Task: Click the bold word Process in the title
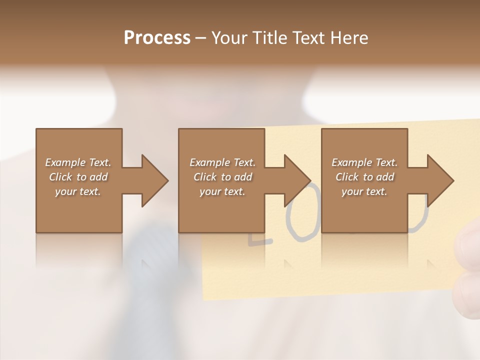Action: tap(157, 38)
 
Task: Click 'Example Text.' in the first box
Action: tap(78, 162)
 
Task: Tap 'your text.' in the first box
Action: tap(78, 191)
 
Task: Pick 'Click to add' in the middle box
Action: tap(222, 177)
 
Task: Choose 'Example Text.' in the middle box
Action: tap(222, 162)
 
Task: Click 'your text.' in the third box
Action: tap(364, 191)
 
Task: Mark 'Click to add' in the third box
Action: tap(364, 177)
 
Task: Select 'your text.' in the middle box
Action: tap(222, 191)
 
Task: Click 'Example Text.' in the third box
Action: tap(364, 162)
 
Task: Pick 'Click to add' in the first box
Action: tap(78, 177)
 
